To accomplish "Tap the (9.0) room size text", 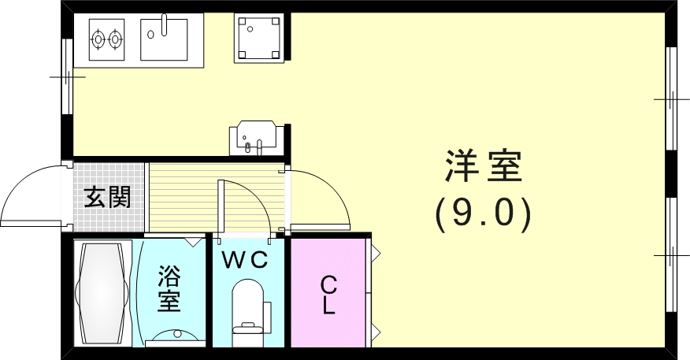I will [483, 213].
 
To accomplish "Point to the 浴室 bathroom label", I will [169, 288].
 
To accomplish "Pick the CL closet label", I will [328, 295].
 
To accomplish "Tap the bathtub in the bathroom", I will [102, 293].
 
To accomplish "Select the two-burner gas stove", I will [107, 37].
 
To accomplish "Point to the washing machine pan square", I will [258, 38].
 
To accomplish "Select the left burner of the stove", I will [98, 37].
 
